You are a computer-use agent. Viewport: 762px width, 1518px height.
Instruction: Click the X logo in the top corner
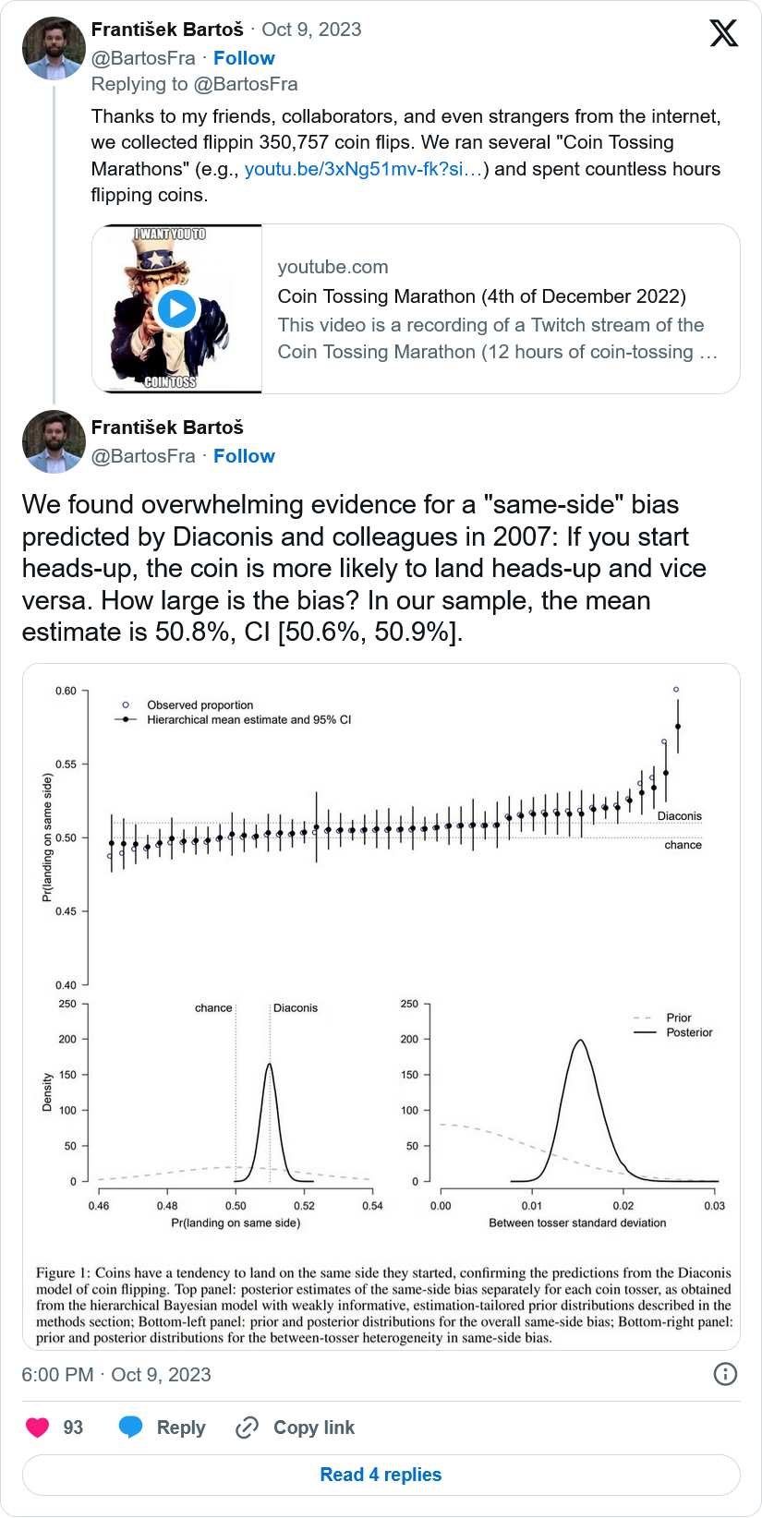pos(723,33)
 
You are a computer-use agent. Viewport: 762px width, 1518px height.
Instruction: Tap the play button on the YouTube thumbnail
pos(176,308)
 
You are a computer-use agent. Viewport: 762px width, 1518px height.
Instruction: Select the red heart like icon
pos(38,1428)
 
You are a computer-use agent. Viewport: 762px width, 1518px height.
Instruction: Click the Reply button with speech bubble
pos(163,1428)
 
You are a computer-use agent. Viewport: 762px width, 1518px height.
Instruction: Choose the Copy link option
pos(296,1428)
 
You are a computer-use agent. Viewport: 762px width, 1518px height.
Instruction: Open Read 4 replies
pos(381,1475)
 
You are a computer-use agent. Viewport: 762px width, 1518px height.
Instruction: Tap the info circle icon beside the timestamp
pos(726,1374)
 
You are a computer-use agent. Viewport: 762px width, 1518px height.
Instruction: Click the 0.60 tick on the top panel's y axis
pos(67,691)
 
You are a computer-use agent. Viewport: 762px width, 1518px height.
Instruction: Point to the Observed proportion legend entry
pos(200,705)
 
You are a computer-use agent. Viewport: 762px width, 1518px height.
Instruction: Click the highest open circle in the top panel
pos(676,690)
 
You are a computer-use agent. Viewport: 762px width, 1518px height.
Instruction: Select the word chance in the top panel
pos(683,845)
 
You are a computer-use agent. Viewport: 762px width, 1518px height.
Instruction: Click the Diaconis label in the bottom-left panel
pos(296,1008)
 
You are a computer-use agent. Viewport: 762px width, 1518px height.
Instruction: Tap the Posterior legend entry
pos(689,1032)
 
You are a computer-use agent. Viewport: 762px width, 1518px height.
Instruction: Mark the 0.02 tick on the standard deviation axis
pos(623,1205)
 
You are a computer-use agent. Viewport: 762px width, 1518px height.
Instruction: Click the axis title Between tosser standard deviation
pos(577,1223)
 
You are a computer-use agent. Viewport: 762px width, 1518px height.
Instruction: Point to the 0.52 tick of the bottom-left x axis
pos(304,1205)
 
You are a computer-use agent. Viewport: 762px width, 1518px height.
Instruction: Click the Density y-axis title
pos(47,1092)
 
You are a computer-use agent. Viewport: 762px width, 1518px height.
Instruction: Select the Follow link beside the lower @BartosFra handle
pos(244,456)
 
